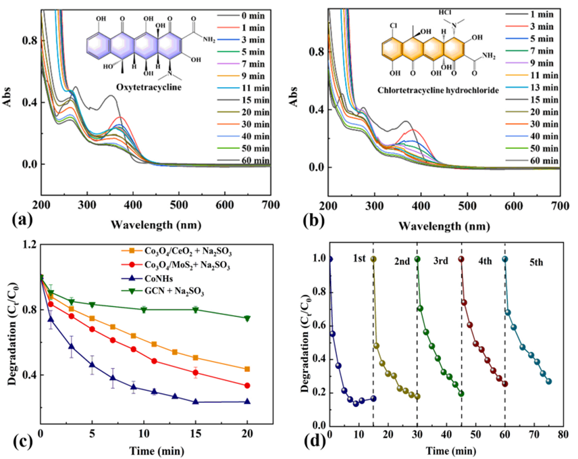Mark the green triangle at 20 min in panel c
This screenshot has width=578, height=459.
[x=247, y=318]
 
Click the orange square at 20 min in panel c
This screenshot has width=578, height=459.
[x=247, y=369]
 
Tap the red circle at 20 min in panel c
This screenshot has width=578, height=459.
[x=247, y=386]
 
